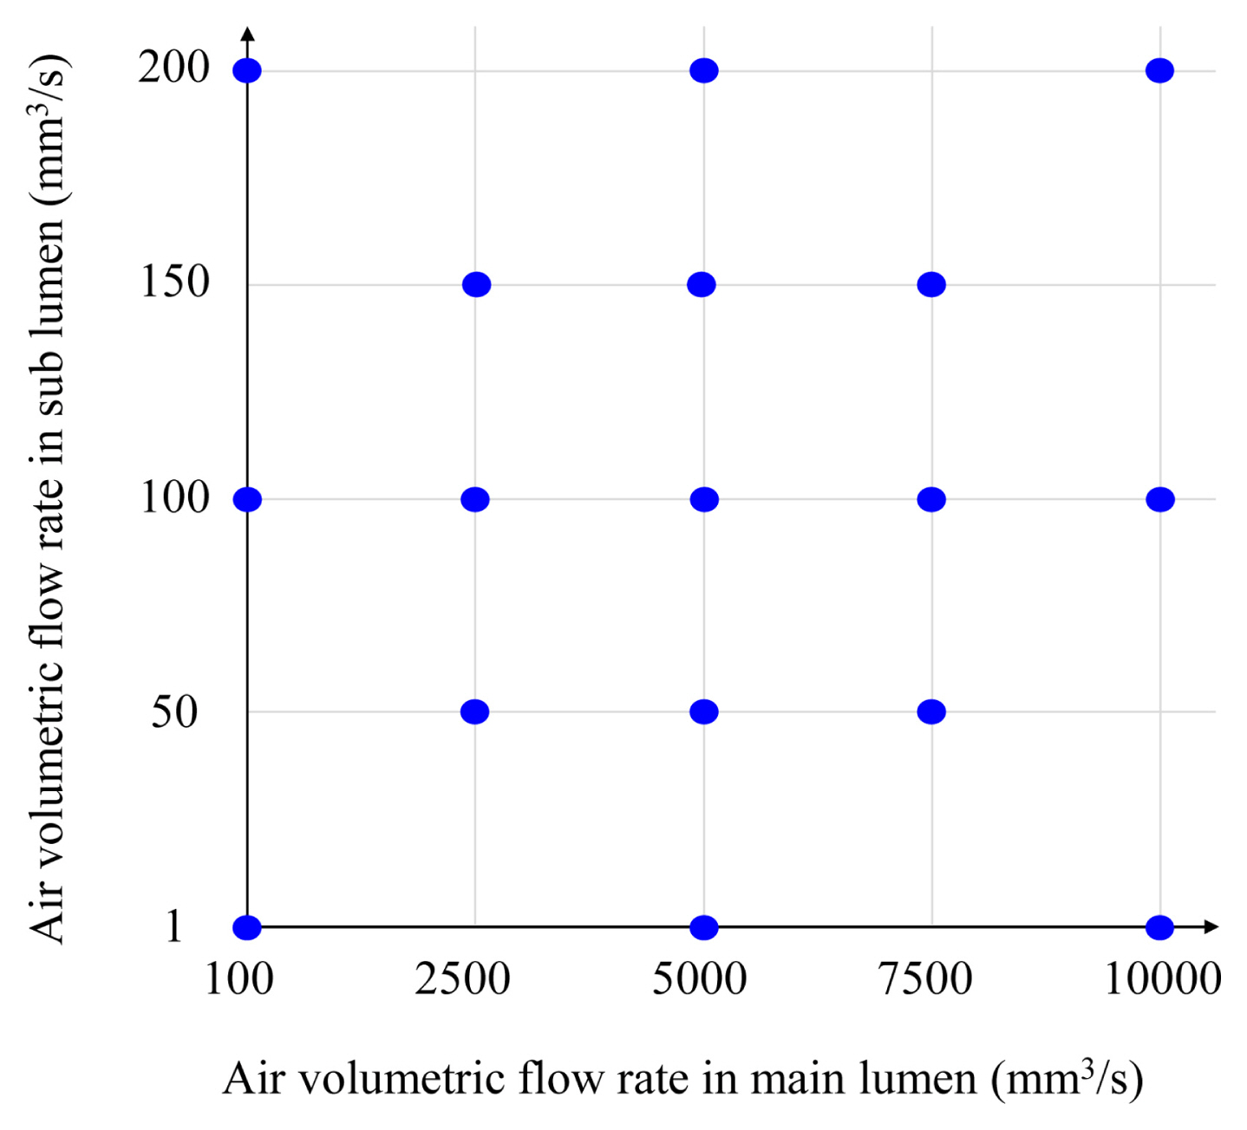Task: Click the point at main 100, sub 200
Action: pyautogui.click(x=247, y=70)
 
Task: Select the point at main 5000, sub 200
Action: pyautogui.click(x=704, y=70)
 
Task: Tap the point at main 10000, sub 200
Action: pyautogui.click(x=1159, y=70)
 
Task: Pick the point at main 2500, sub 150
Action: pyautogui.click(x=476, y=284)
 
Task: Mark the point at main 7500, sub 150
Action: pyautogui.click(x=931, y=284)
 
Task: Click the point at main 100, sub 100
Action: pyautogui.click(x=247, y=499)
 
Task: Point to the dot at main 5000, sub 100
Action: pyautogui.click(x=704, y=499)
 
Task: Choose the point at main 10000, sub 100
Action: pyautogui.click(x=1159, y=499)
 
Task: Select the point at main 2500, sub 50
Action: pyautogui.click(x=474, y=711)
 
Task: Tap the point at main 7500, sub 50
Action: pyautogui.click(x=931, y=711)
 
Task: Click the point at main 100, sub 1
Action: pyautogui.click(x=247, y=927)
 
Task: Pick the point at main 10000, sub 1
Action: pyautogui.click(x=1159, y=927)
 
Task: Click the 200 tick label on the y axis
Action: pyautogui.click(x=174, y=68)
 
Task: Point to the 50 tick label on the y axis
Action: pyautogui.click(x=174, y=712)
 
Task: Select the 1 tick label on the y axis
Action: pyautogui.click(x=174, y=926)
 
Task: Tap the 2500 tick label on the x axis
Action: pyautogui.click(x=462, y=980)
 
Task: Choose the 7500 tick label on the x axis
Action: pyautogui.click(x=925, y=980)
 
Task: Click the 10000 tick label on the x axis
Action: pyautogui.click(x=1162, y=980)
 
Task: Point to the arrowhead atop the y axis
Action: pyautogui.click(x=247, y=34)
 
